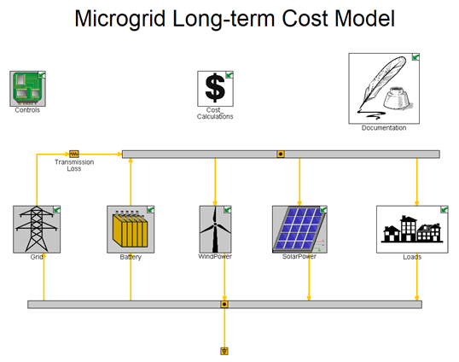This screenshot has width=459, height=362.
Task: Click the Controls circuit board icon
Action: coord(28,89)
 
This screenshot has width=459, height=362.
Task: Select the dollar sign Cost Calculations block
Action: coord(216,89)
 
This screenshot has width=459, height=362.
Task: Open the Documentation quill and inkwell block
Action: coord(384,89)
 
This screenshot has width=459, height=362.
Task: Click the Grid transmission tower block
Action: coord(37,229)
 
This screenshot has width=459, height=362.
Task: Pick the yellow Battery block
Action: coord(131,229)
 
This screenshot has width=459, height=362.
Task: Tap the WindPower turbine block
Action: coord(216,229)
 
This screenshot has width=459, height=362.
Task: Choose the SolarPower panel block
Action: coord(299,229)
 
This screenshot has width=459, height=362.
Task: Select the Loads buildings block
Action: coord(412,229)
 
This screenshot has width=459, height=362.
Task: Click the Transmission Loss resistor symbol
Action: coord(74,154)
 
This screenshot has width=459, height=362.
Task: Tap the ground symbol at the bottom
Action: coord(224,351)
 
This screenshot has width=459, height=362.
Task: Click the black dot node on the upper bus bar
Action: coord(281,154)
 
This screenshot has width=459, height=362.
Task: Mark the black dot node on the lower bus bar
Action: coord(224,304)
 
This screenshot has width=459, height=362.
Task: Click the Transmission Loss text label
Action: coord(74,165)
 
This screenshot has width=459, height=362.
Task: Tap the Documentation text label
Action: coord(384,128)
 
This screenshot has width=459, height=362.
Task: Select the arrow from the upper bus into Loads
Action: coord(417,182)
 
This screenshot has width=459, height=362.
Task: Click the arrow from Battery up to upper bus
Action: coord(131,182)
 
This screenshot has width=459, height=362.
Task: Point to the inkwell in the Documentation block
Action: coord(397,98)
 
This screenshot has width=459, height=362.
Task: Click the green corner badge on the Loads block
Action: coord(444,209)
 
